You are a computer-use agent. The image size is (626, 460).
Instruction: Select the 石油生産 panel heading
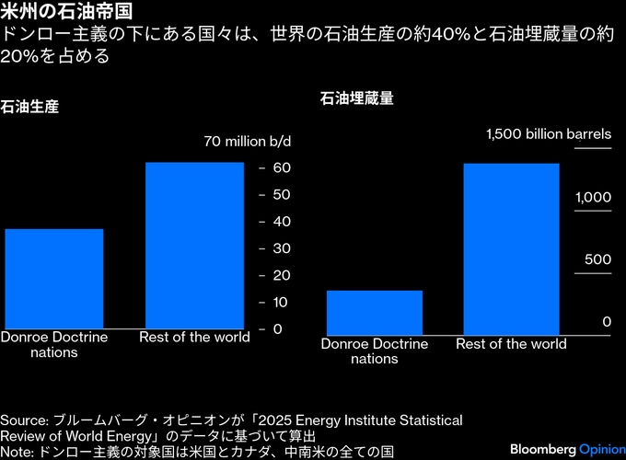pyautogui.click(x=29, y=107)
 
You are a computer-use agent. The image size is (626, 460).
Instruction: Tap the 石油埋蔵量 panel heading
pyautogui.click(x=356, y=98)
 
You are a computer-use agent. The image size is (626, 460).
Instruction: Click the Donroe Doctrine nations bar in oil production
pyautogui.click(x=54, y=278)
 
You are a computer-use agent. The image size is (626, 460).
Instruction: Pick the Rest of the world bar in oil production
pyautogui.click(x=194, y=245)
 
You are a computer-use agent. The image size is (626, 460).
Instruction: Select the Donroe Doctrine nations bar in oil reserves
pyautogui.click(x=375, y=313)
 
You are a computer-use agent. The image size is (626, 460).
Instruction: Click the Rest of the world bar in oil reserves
pyautogui.click(x=511, y=248)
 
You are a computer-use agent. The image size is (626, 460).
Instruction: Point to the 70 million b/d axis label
pyautogui.click(x=247, y=142)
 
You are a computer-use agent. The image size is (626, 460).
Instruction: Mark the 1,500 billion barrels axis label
pyautogui.click(x=548, y=134)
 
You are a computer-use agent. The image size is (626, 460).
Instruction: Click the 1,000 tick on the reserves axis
pyautogui.click(x=593, y=198)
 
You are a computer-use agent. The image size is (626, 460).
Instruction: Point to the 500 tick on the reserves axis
pyautogui.click(x=598, y=259)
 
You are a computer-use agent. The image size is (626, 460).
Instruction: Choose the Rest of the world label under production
pyautogui.click(x=194, y=337)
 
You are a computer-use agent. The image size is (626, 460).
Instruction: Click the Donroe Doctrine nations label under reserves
pyautogui.click(x=375, y=351)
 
